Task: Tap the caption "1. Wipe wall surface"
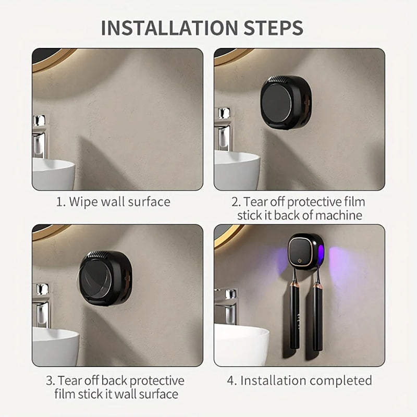pyautogui.click(x=113, y=202)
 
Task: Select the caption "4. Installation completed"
pyautogui.click(x=299, y=380)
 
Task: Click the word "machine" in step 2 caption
pyautogui.click(x=339, y=215)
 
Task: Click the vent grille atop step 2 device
pyautogui.click(x=281, y=79)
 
